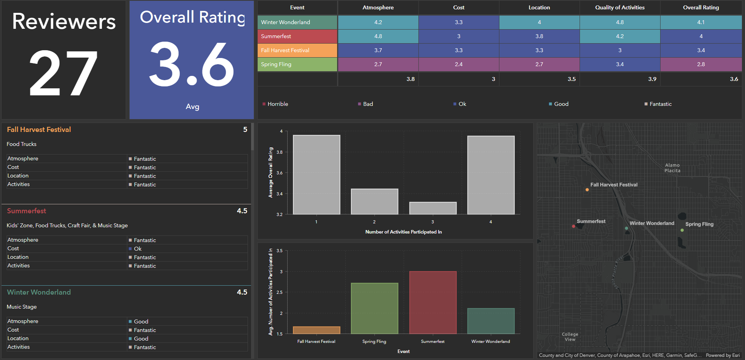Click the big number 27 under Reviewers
[x=63, y=73]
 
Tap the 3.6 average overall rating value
[x=192, y=65]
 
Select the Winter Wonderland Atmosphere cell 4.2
[x=378, y=22]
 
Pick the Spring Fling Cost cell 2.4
[x=459, y=64]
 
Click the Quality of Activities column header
[x=620, y=7]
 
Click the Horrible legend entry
[x=278, y=104]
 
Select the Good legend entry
[x=561, y=104]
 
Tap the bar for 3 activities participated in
[x=432, y=208]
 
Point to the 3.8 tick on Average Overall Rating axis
[x=279, y=152]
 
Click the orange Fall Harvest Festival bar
[x=316, y=330]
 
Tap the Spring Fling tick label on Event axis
[x=374, y=341]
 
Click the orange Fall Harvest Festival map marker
[x=587, y=190]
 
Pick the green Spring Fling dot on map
[x=682, y=230]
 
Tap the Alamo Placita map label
[x=672, y=168]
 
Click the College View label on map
[x=570, y=337]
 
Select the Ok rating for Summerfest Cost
[x=137, y=249]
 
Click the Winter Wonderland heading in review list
[x=39, y=292]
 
